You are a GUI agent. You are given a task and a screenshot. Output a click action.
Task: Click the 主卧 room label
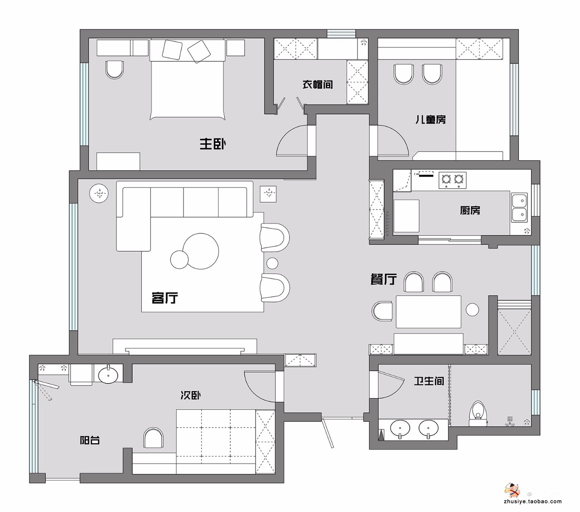[213, 144]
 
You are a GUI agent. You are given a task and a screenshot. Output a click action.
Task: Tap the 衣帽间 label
[318, 84]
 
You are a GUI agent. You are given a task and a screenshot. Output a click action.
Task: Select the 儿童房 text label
[430, 119]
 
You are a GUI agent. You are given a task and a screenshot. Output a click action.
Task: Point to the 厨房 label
[470, 210]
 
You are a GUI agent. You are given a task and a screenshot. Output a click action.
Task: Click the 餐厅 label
[384, 279]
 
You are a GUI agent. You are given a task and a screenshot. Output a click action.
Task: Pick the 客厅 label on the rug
[164, 297]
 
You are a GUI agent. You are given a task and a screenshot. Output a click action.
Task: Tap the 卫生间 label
[429, 381]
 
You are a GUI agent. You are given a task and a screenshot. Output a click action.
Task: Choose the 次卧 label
[190, 395]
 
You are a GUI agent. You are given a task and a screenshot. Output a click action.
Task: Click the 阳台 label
[90, 440]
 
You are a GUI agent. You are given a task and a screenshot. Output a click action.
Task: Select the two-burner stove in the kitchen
[452, 180]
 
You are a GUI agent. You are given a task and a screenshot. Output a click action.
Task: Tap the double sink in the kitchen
[519, 207]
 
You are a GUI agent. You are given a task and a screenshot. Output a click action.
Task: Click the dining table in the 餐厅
[428, 312]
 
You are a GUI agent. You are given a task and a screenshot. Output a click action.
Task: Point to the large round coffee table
[201, 251]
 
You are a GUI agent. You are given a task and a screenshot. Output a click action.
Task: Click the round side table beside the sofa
[99, 193]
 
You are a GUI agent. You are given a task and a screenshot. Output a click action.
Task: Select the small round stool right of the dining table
[472, 310]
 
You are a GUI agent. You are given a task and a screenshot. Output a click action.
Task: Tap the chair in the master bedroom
[115, 69]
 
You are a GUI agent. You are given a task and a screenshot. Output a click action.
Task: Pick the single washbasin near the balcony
[108, 375]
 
